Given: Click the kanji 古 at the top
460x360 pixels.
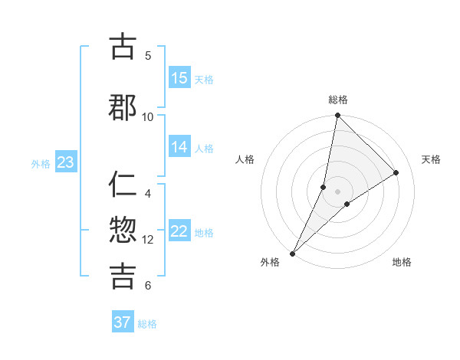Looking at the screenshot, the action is (123, 47).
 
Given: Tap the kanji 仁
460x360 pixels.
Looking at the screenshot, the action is (123, 186).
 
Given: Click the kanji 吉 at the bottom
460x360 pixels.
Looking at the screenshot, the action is (123, 276).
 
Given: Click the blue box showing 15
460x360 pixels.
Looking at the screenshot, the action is (179, 78).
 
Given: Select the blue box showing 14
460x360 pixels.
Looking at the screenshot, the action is (179, 147).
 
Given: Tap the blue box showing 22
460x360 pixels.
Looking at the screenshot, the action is (179, 231).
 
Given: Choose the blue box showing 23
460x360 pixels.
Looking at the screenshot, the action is (65, 162).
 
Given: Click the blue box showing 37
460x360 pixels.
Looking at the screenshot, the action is (123, 322).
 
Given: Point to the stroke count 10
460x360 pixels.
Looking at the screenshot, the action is (148, 116).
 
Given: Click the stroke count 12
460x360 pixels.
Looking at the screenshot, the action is (148, 239).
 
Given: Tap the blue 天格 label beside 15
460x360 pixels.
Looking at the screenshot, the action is (203, 79).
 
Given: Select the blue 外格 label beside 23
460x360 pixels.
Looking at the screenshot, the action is (41, 163).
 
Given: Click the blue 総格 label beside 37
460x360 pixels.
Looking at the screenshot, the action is (147, 323).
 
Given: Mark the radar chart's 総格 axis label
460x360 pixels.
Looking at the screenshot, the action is (338, 100).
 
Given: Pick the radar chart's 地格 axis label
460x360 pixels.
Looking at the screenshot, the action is (402, 263).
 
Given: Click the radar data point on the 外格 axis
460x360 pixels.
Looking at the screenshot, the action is (292, 254).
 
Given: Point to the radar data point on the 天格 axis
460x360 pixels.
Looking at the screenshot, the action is (396, 172).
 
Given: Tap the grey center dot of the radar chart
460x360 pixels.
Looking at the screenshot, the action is (338, 191).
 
